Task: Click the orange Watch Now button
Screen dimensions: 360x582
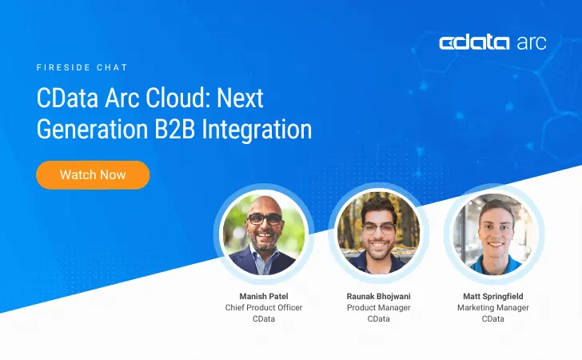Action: coord(93,174)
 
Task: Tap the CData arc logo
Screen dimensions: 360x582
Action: coord(492,43)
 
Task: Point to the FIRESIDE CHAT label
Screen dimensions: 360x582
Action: coord(82,68)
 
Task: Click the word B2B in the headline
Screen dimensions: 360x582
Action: coord(175,129)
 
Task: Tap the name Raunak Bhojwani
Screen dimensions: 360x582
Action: coord(378,296)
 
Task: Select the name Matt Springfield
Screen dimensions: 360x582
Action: coord(492,296)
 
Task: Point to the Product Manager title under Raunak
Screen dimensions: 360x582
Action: coord(378,307)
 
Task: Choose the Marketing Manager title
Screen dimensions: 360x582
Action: coord(492,307)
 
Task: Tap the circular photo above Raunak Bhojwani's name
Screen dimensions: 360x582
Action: coord(379,234)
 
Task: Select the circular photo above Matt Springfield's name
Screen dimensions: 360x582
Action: coord(493,234)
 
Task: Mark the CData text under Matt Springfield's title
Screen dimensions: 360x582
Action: coord(492,318)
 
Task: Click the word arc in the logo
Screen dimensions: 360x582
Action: coord(528,43)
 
